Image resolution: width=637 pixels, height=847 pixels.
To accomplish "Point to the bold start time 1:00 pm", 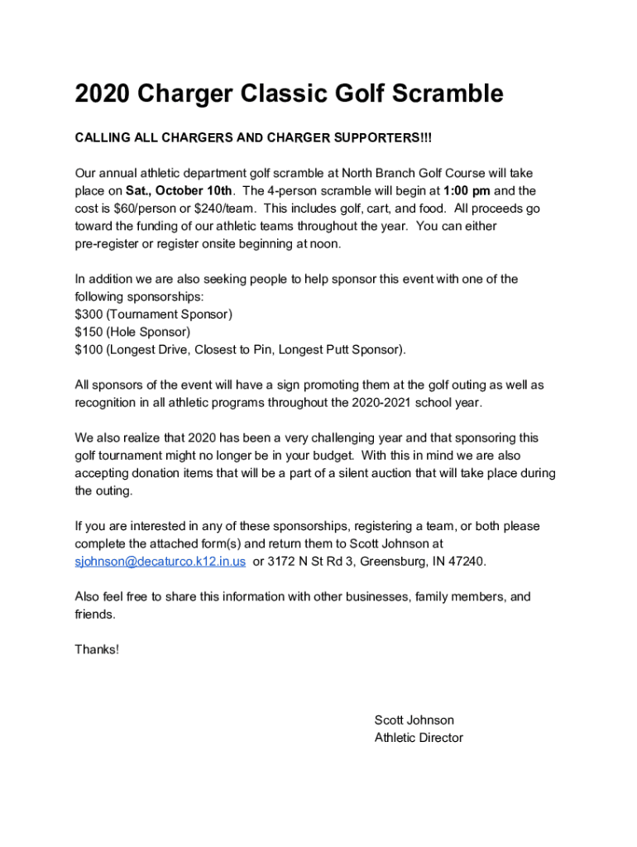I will click(x=467, y=191).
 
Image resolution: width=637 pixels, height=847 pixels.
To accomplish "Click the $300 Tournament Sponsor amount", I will click(x=89, y=314).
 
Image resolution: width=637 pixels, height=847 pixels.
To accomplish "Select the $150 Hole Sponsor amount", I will click(x=89, y=332).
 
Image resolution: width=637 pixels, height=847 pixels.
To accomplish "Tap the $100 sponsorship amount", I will click(x=89, y=349).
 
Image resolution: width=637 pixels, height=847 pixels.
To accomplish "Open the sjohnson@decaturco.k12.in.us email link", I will click(x=160, y=562).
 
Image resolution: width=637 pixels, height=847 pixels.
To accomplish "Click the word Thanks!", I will click(x=97, y=649).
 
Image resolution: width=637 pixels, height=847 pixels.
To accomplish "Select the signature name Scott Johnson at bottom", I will click(x=414, y=720).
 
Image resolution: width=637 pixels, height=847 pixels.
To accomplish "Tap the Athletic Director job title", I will click(x=419, y=738).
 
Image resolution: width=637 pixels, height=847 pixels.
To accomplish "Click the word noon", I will click(x=323, y=244).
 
